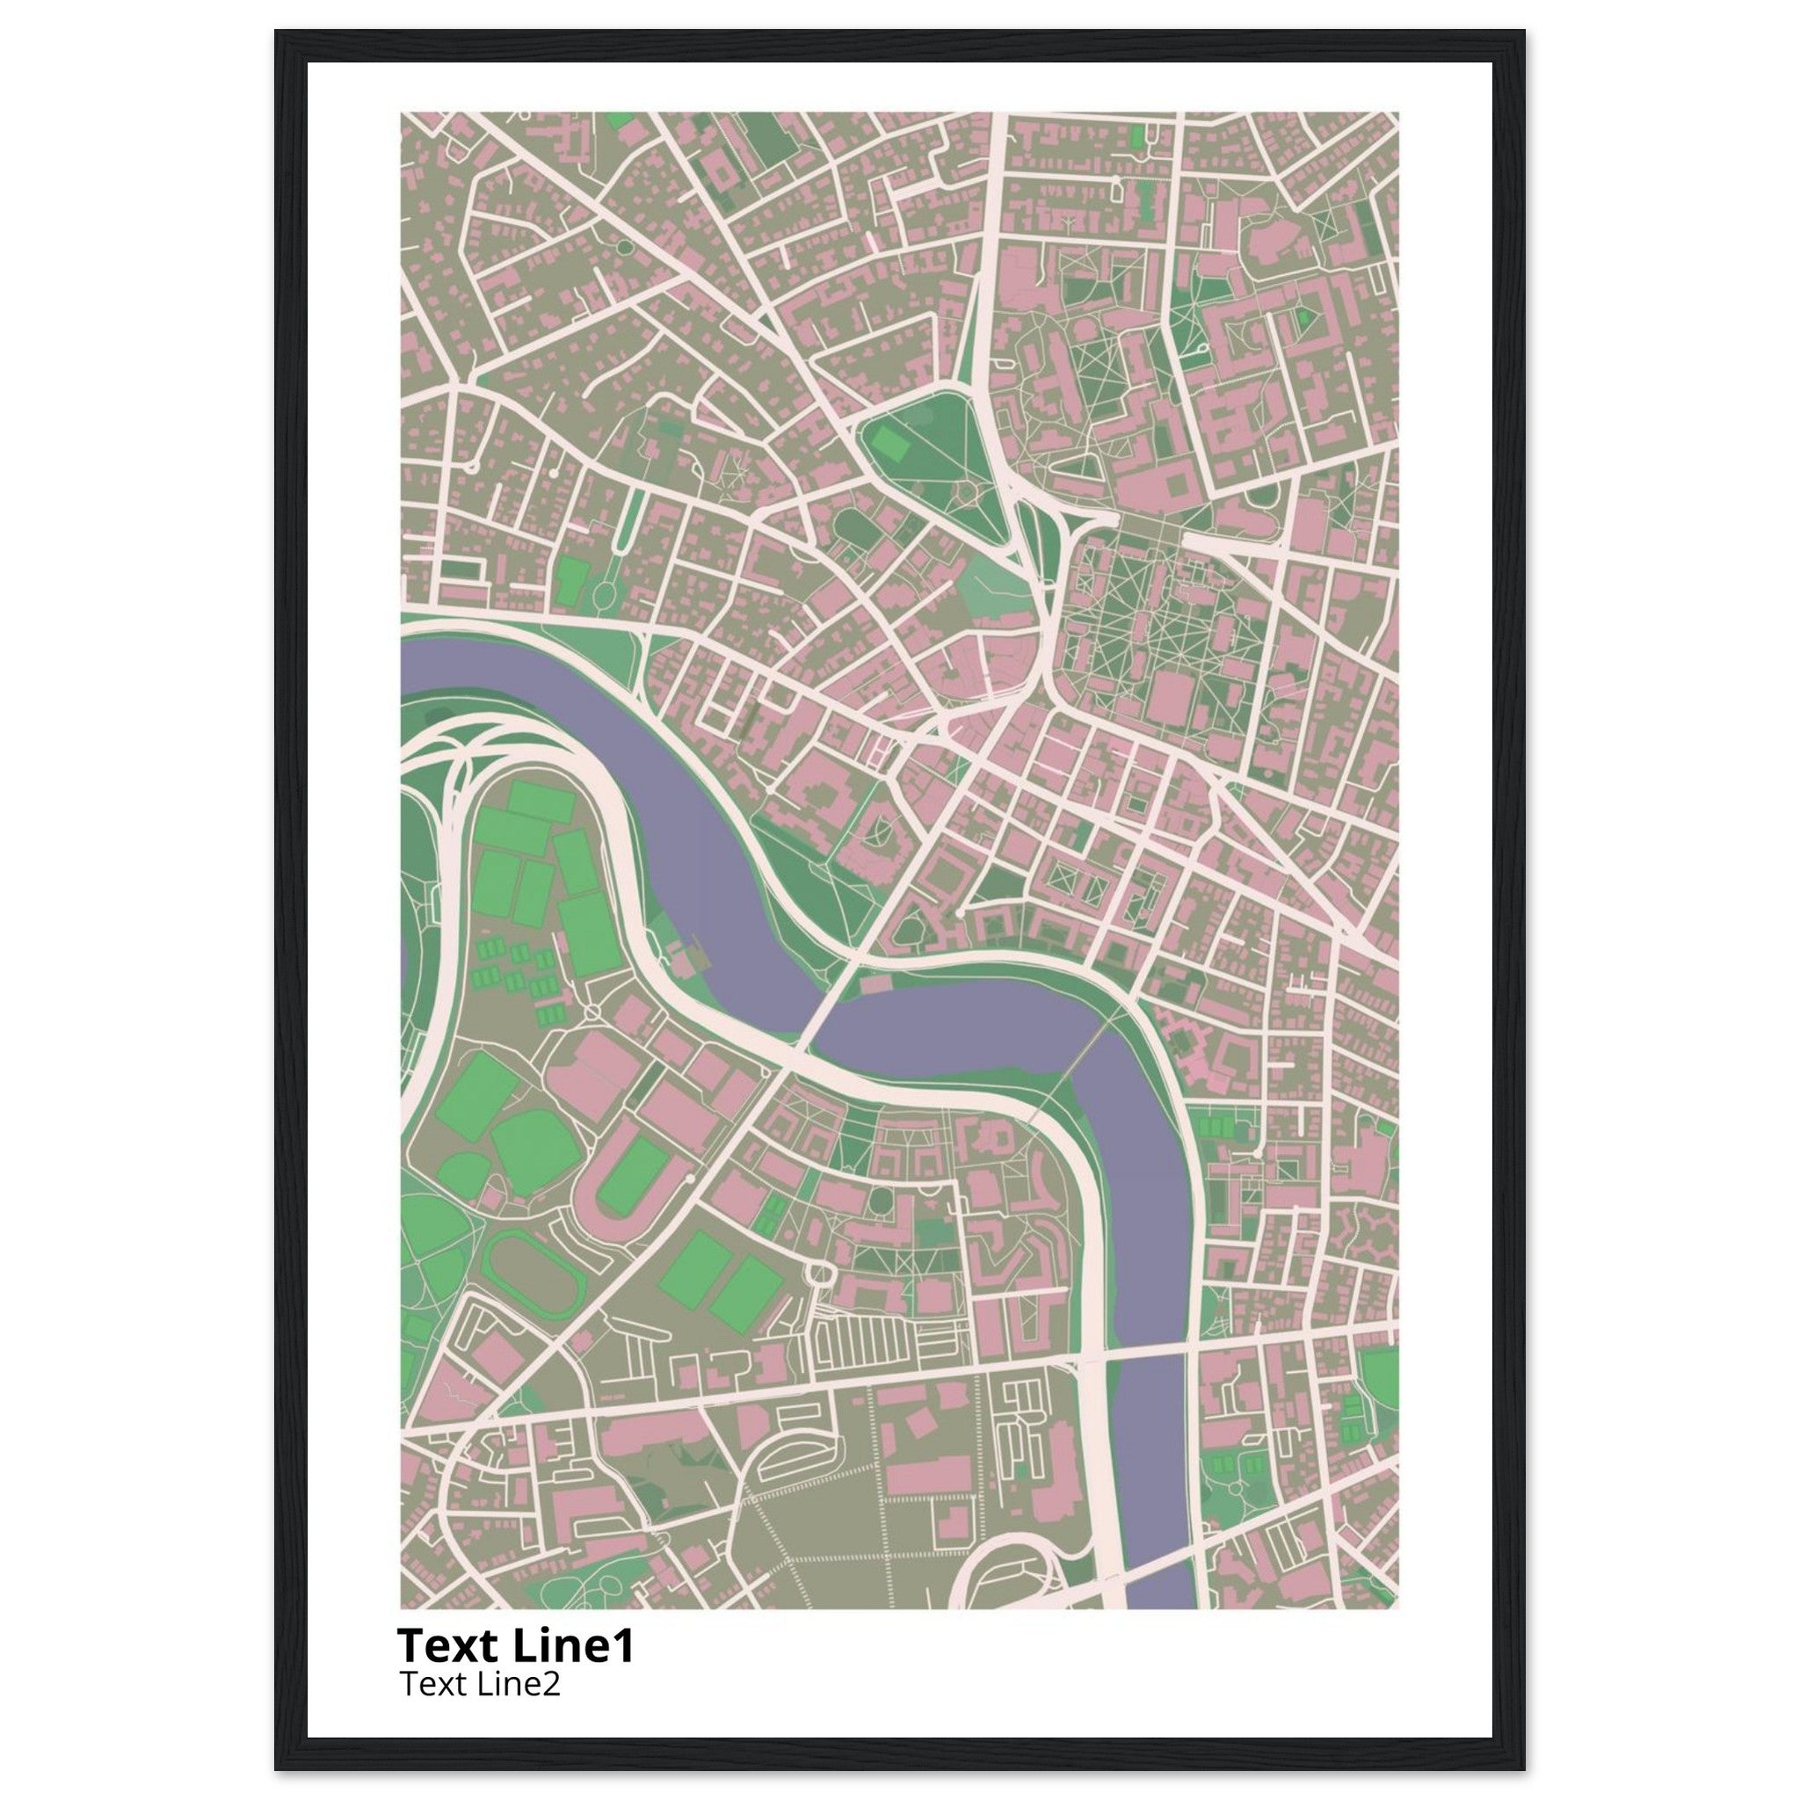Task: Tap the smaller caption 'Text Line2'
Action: (x=480, y=1682)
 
